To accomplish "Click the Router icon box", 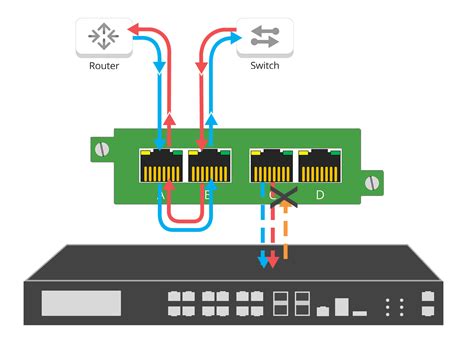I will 103,37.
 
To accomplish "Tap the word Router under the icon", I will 103,68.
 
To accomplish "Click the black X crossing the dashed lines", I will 282,197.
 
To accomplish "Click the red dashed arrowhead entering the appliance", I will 273,265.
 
